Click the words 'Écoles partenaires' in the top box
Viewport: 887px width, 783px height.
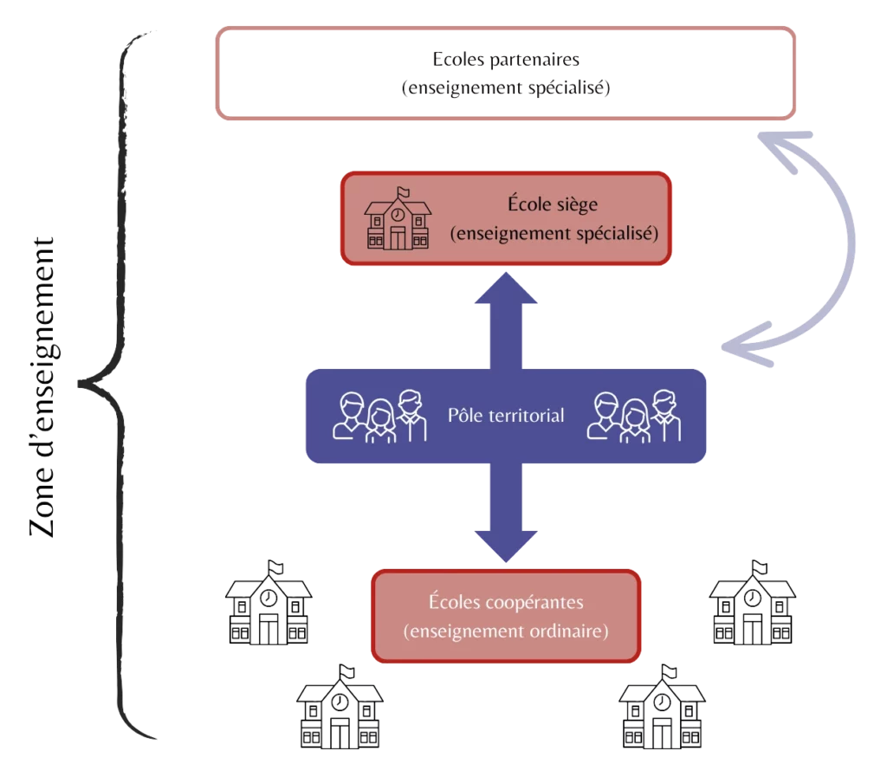[x=505, y=61]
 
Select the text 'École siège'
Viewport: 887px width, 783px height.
[x=554, y=205]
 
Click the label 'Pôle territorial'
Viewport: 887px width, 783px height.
[x=506, y=416]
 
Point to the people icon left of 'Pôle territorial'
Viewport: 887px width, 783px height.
[x=381, y=417]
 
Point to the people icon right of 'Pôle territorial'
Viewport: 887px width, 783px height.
[x=634, y=417]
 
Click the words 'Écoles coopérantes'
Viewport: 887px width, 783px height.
[x=506, y=602]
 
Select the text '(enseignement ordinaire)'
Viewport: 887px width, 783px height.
[x=506, y=631]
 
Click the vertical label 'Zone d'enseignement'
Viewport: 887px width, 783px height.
[x=43, y=387]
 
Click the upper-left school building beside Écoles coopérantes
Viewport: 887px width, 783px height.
[x=268, y=603]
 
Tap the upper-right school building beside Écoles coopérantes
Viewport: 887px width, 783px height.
[x=752, y=603]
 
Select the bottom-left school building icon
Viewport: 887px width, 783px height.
[x=340, y=707]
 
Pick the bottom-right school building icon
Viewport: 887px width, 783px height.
[x=662, y=707]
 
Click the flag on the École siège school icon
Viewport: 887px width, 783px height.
[x=402, y=192]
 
